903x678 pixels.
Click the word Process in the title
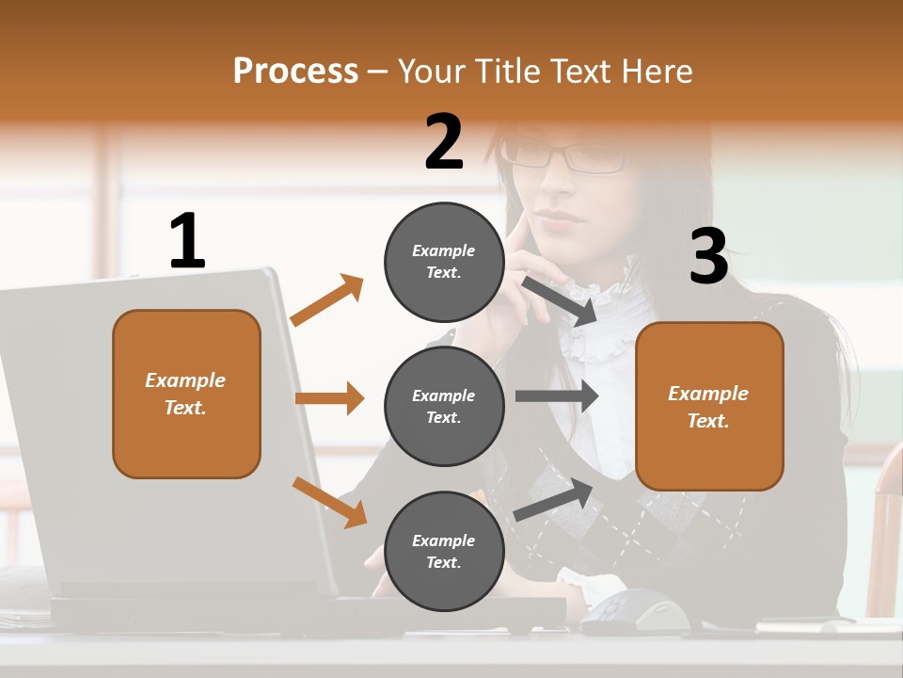[x=295, y=72]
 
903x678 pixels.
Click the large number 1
[x=187, y=241]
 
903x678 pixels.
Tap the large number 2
[x=444, y=142]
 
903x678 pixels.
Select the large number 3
[x=708, y=257]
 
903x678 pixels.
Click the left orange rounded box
[x=186, y=394]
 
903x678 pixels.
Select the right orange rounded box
[x=709, y=407]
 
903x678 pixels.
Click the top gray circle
[x=444, y=262]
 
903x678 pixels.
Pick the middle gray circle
[x=444, y=407]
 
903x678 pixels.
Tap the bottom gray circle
[x=444, y=552]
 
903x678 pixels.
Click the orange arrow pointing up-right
[x=326, y=300]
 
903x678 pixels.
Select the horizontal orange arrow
[x=329, y=398]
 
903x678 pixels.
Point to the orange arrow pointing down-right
[x=329, y=502]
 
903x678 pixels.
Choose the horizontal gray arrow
[x=557, y=396]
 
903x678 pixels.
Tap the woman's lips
[x=560, y=218]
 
